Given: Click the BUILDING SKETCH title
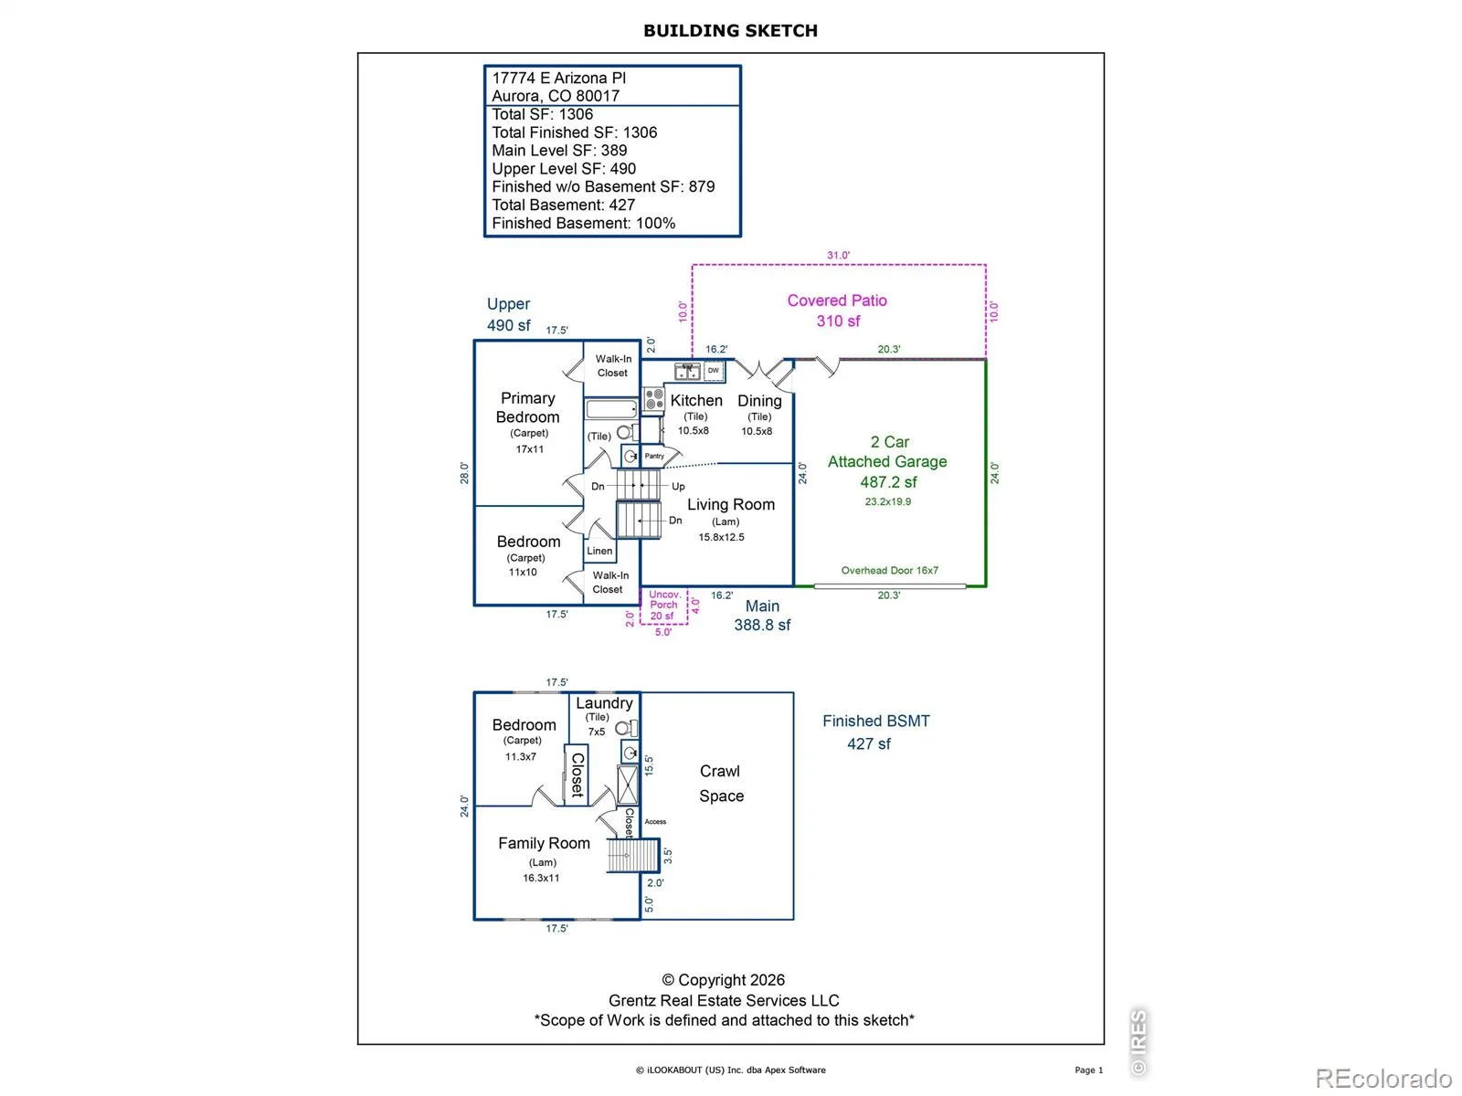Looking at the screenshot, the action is click(x=730, y=31).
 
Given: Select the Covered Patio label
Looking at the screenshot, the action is click(x=837, y=300).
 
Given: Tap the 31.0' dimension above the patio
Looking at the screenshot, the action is click(x=838, y=255).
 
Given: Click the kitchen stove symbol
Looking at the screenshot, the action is click(x=654, y=398).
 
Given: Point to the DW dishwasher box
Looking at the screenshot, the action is click(x=714, y=371).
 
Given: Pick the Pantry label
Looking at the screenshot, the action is click(x=654, y=456).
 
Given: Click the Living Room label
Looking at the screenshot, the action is click(x=731, y=504).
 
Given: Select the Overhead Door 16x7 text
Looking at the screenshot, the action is click(x=889, y=570).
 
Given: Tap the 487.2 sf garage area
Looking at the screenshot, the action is click(x=888, y=482).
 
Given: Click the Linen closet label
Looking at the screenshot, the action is click(x=599, y=551).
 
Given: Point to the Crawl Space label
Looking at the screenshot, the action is click(x=721, y=784).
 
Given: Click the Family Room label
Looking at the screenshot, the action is click(x=544, y=843).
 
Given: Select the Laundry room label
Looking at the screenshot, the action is click(x=604, y=703).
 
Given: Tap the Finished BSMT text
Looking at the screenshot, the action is click(x=876, y=721).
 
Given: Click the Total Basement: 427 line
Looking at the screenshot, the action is click(x=563, y=205).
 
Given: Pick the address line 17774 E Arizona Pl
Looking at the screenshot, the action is click(x=558, y=78).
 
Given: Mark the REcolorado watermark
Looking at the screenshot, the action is click(x=1383, y=1078).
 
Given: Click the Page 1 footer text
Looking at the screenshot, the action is click(x=1088, y=1070).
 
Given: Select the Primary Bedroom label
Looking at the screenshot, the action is click(x=527, y=407).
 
